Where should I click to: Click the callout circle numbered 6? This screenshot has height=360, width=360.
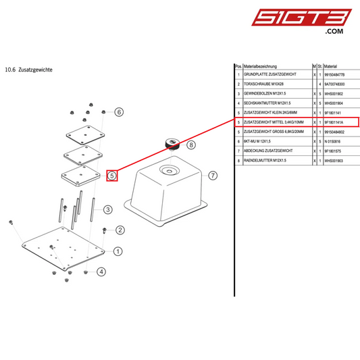[120, 112]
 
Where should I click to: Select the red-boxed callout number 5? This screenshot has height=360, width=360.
[113, 176]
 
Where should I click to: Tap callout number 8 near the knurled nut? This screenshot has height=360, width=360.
[191, 145]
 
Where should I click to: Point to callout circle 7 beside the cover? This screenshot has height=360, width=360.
[213, 176]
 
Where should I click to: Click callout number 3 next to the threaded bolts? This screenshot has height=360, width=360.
[107, 210]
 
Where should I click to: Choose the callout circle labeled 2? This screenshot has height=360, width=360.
[120, 230]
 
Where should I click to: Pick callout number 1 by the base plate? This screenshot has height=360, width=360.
[118, 252]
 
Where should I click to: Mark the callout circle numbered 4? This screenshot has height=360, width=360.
[101, 272]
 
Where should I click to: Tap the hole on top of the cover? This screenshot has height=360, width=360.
[166, 172]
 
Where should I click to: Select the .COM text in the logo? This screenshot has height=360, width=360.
[334, 32]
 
